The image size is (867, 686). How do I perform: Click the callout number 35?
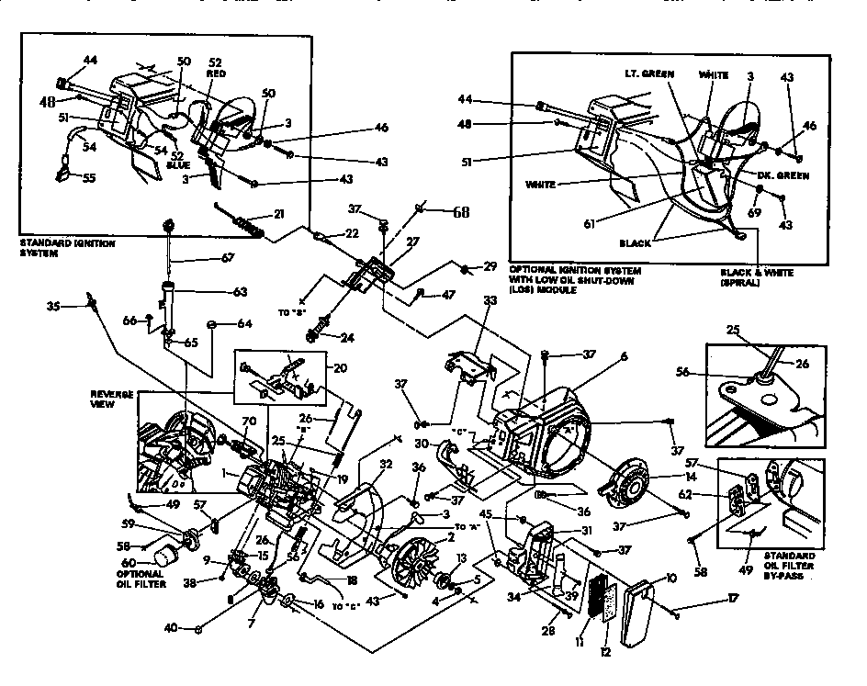[54, 307]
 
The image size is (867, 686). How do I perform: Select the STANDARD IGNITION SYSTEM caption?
[54, 248]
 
